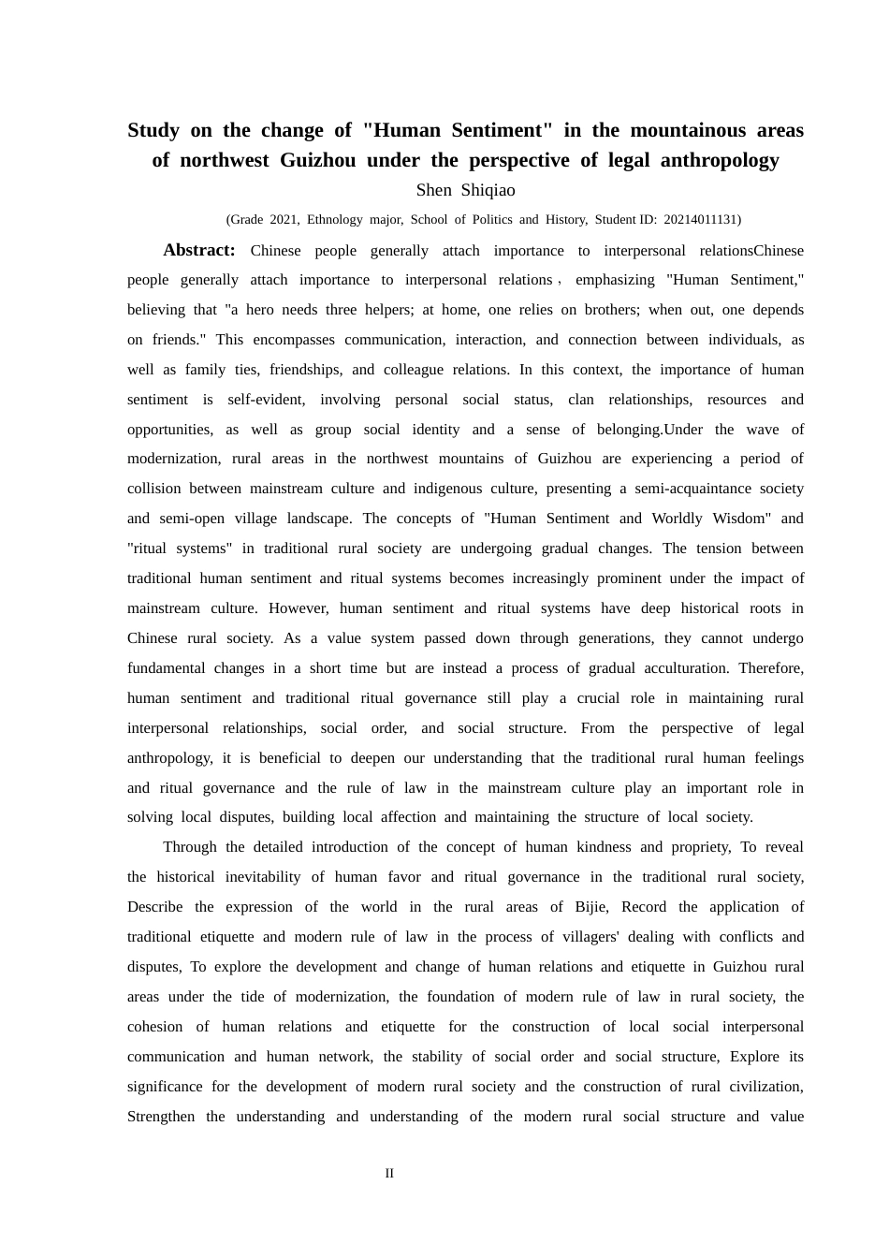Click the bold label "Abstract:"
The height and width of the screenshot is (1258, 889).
point(198,250)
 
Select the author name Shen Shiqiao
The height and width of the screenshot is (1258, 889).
point(465,190)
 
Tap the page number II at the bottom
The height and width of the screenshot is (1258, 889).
point(389,1173)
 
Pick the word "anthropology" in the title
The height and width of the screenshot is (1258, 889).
point(720,160)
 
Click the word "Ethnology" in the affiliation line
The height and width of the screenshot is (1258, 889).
point(335,220)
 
